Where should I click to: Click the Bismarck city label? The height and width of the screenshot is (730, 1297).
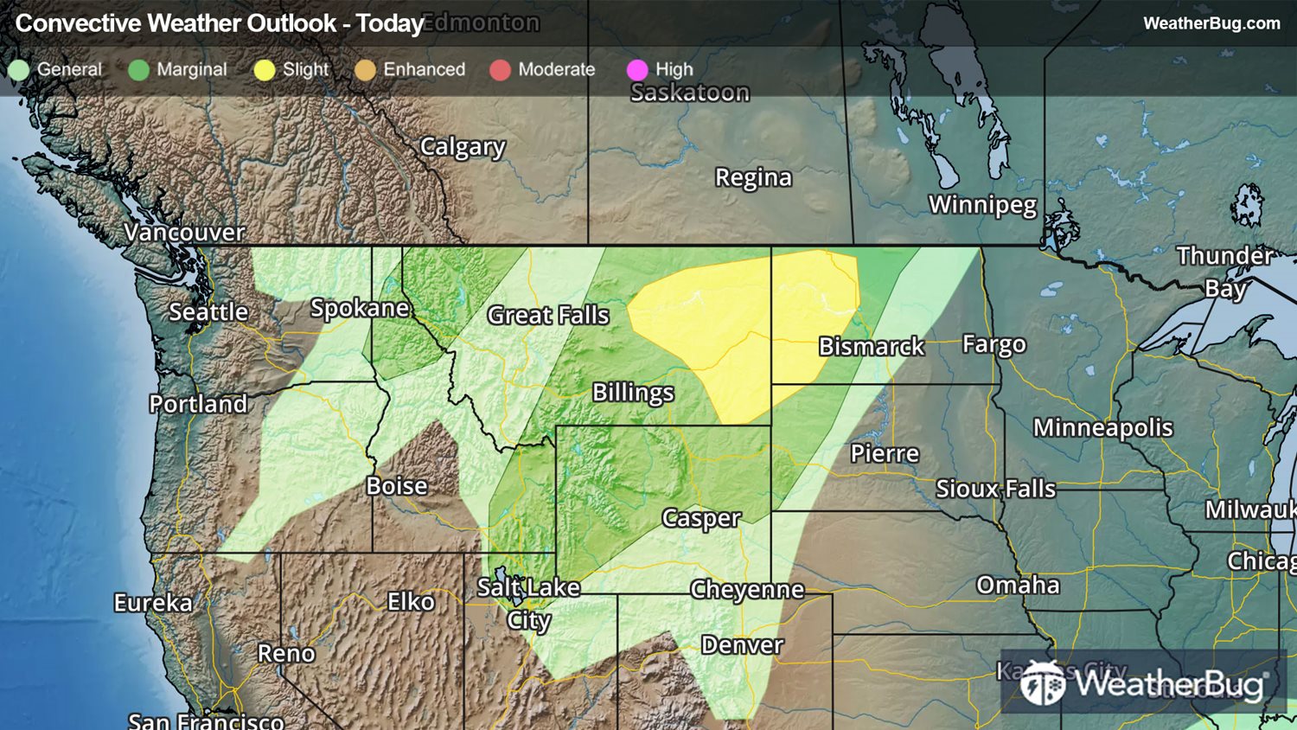coord(871,347)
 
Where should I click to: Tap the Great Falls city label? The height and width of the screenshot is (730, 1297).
coord(548,316)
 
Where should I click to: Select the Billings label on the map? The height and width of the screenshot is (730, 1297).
coord(633,393)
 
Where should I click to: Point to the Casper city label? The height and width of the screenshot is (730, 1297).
coord(700,518)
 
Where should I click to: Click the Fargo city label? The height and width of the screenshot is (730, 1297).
coord(994,345)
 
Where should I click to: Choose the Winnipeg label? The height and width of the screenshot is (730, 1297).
coord(982,205)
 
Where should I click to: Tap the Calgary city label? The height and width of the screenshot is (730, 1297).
coord(463,147)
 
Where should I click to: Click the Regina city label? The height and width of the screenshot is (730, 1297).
coord(753,177)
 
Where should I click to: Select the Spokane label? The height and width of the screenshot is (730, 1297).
coord(360,308)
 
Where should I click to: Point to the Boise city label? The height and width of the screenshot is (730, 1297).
coord(397,486)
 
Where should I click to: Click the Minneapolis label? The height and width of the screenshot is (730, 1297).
coord(1102,427)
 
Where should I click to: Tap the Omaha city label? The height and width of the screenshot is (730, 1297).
coord(1018,586)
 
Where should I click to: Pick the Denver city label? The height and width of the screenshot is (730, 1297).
coord(742,645)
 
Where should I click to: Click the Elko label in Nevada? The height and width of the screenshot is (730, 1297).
coord(410,601)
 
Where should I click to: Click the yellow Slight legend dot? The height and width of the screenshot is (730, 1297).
coord(265,70)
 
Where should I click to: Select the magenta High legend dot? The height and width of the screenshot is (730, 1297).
coord(637,70)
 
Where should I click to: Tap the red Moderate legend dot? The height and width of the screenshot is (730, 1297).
coord(500,70)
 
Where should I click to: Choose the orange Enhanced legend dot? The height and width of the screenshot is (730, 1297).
coord(365,70)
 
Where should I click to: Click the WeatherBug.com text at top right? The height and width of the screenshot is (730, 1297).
coord(1211,23)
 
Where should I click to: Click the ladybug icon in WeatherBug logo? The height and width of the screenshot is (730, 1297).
coord(1042,683)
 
